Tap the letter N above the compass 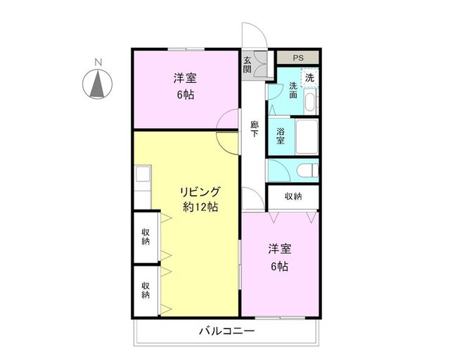[x=98, y=63]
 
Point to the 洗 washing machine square [x=309, y=76]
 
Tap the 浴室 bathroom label [x=281, y=136]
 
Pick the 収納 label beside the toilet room [x=293, y=196]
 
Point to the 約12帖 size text [x=200, y=207]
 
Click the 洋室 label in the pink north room [x=186, y=79]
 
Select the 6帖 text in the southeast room [x=279, y=266]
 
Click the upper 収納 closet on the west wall [x=145, y=236]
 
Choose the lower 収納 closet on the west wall [x=145, y=290]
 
